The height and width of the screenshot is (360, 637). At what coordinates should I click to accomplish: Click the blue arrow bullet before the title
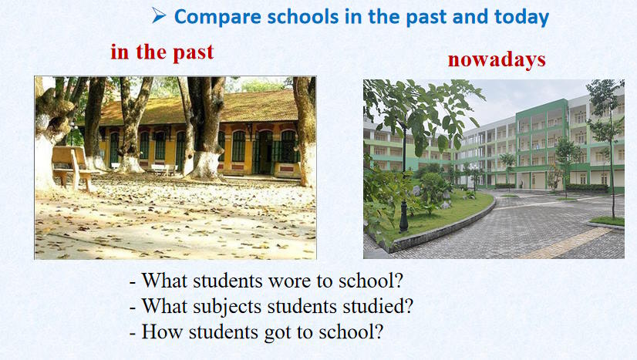tap(159, 15)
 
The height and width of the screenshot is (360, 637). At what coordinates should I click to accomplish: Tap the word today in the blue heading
tap(521, 17)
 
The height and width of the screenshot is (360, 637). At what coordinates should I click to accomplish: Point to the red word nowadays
tap(497, 59)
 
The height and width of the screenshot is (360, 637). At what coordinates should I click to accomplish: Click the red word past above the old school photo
tap(193, 52)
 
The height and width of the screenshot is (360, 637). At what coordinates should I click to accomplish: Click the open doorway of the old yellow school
tap(265, 153)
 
